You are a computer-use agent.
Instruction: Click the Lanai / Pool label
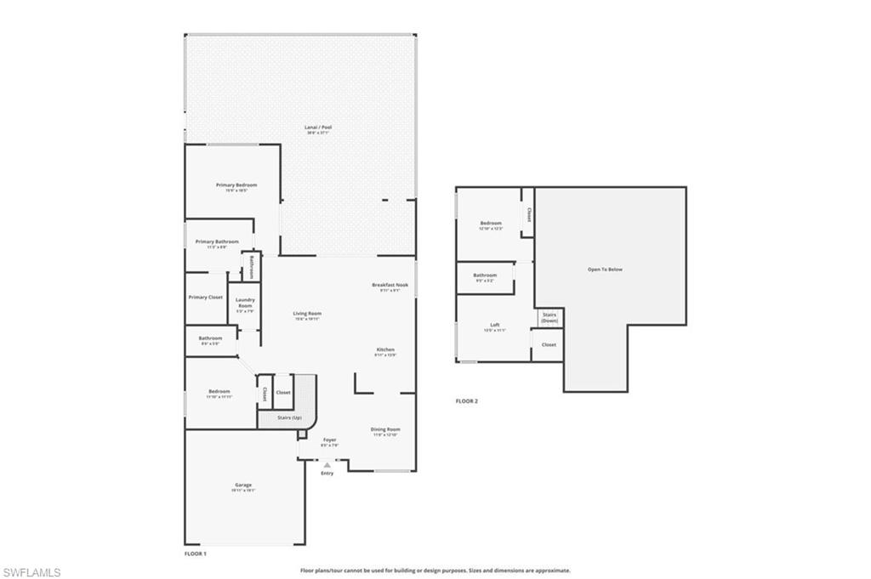(318, 128)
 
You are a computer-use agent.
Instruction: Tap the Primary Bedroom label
(236, 184)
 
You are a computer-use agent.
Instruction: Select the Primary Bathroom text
(217, 241)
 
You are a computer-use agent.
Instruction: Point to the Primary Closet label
(205, 298)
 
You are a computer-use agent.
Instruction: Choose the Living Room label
(307, 314)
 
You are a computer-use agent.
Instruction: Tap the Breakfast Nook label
(390, 285)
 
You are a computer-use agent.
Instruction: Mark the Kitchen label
(385, 349)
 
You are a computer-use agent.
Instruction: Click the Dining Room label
(385, 429)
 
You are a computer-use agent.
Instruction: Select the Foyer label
(329, 440)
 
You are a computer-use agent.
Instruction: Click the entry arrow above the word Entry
(327, 465)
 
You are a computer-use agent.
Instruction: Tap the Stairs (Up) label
(291, 417)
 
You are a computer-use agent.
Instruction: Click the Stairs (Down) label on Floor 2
(549, 317)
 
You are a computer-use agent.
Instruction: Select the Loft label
(494, 325)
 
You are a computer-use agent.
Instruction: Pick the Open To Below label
(605, 270)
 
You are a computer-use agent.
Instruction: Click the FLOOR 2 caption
(467, 400)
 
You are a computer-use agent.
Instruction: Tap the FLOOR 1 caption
(196, 553)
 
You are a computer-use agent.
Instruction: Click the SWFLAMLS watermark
(31, 572)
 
